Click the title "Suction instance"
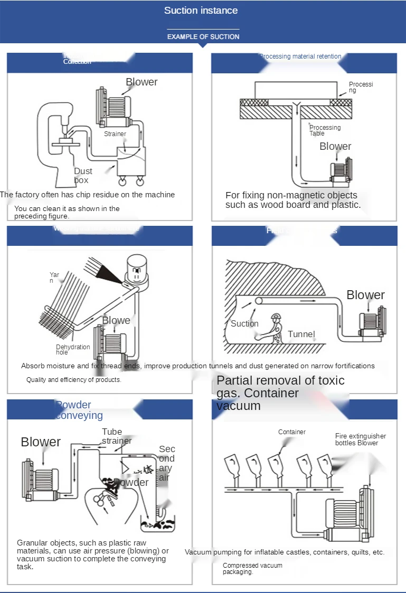pos(201,11)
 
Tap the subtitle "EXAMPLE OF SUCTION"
pos(203,37)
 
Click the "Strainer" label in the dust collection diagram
pos(115,134)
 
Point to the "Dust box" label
pos(82,176)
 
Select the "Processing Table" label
pos(324,130)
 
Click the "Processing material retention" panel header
pos(300,56)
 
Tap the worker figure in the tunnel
pos(275,329)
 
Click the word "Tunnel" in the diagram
pos(301,334)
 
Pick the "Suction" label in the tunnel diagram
pos(244,323)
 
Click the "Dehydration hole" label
pos(73,350)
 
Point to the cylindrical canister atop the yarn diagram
pos(137,269)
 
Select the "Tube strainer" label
pos(117,436)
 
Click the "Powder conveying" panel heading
pos(79,410)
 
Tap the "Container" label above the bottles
pos(292,432)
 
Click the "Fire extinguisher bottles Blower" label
pos(360,439)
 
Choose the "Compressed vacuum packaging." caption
pos(252,568)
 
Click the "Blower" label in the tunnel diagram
pos(365,295)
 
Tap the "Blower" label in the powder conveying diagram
pos(41,442)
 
